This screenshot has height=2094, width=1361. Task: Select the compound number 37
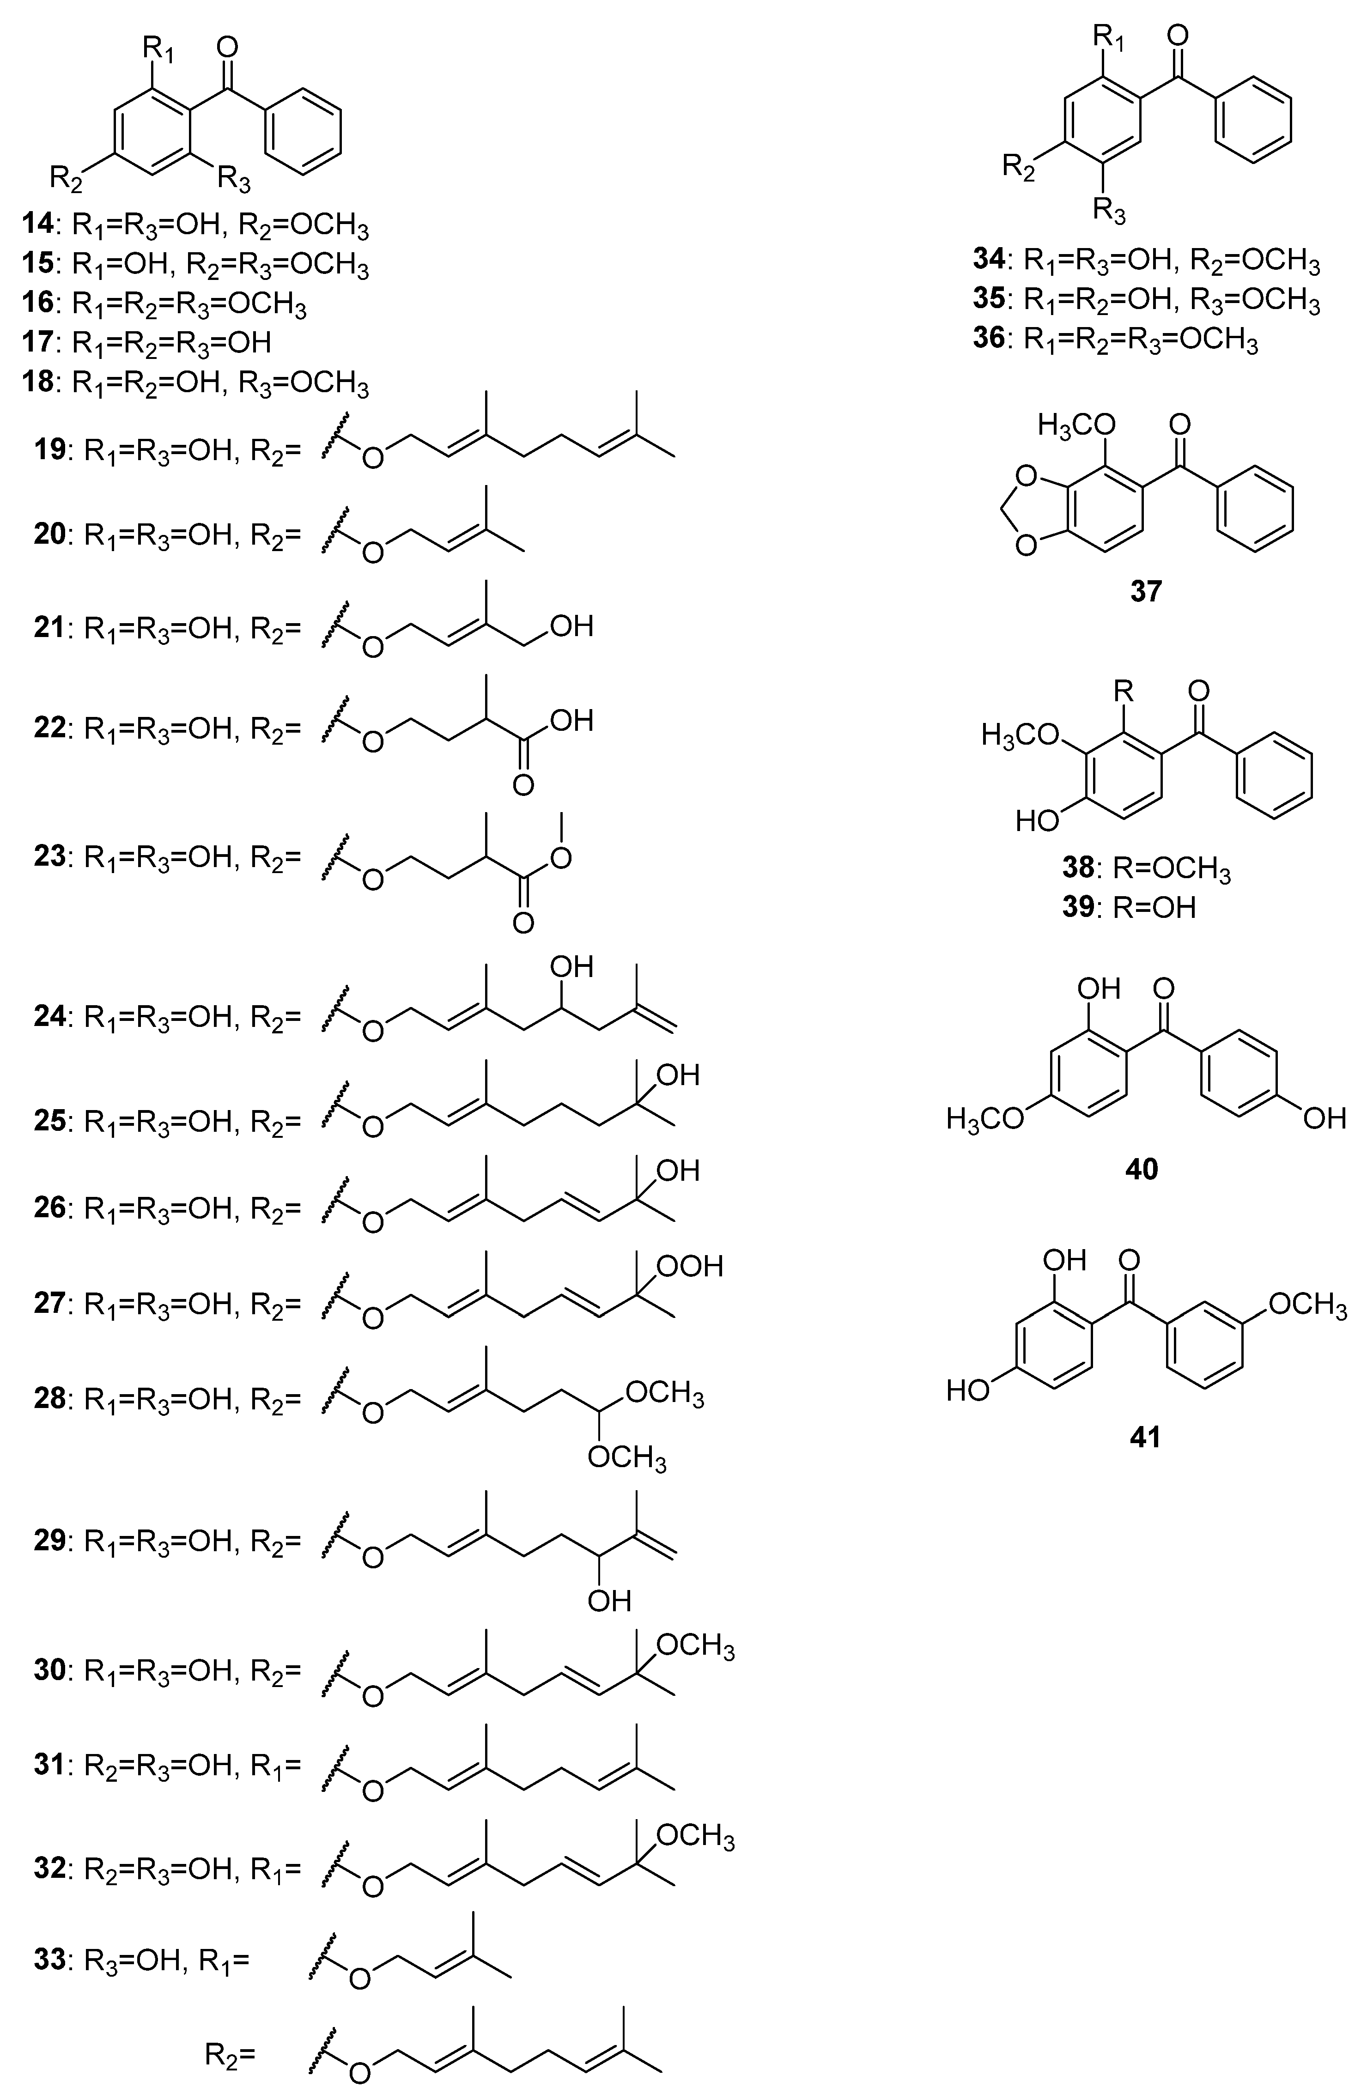(1145, 590)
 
